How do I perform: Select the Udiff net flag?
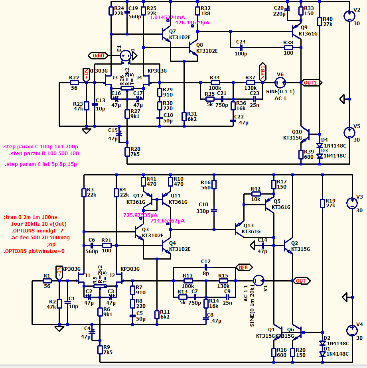[x=98, y=55]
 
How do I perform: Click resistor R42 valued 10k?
[x=256, y=194]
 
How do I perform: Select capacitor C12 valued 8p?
[x=205, y=268]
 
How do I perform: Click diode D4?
[x=320, y=146]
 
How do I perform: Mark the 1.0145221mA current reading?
[x=167, y=17]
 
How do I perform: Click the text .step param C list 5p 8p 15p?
[x=41, y=164]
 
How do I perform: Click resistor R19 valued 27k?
[x=322, y=203]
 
